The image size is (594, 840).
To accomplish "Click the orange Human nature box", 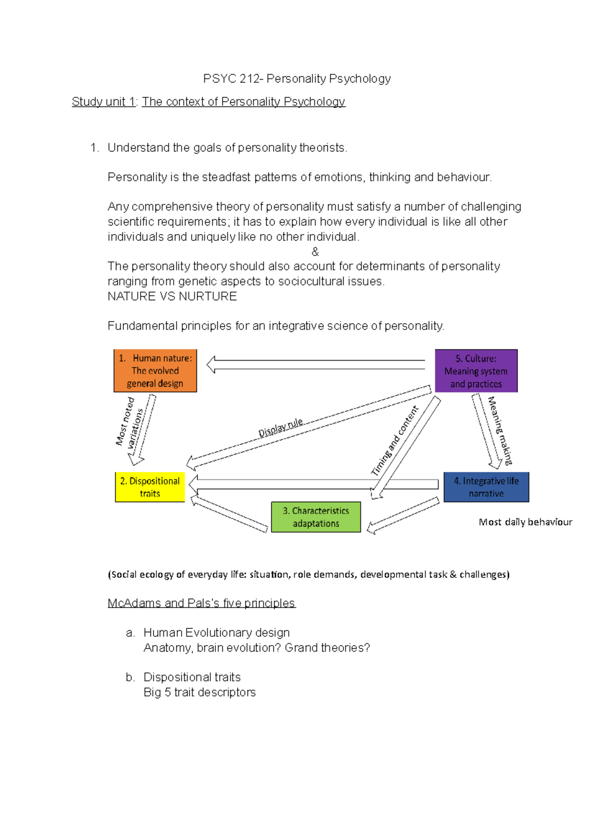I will (155, 371).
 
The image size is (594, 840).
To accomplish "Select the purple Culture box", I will (476, 371).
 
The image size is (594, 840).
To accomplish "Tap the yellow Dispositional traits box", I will (150, 487).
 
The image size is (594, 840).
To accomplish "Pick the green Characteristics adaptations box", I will (316, 517).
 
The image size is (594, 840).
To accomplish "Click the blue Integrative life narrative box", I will (486, 487).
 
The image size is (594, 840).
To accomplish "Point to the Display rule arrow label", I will (281, 427).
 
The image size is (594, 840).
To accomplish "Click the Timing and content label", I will (395, 441).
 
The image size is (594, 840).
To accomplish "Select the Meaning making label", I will (500, 430).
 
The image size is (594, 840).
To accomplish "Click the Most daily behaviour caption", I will (525, 522).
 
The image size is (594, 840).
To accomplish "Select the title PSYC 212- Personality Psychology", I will (297, 79).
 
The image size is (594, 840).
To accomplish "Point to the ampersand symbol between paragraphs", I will (315, 252).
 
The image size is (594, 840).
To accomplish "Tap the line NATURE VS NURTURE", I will (172, 296).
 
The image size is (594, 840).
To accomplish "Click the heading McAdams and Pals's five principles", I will (201, 603).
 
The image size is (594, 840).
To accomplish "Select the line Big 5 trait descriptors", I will (199, 692).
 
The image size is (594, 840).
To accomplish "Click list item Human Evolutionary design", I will (216, 633).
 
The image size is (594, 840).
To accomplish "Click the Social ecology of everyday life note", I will (308, 574).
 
